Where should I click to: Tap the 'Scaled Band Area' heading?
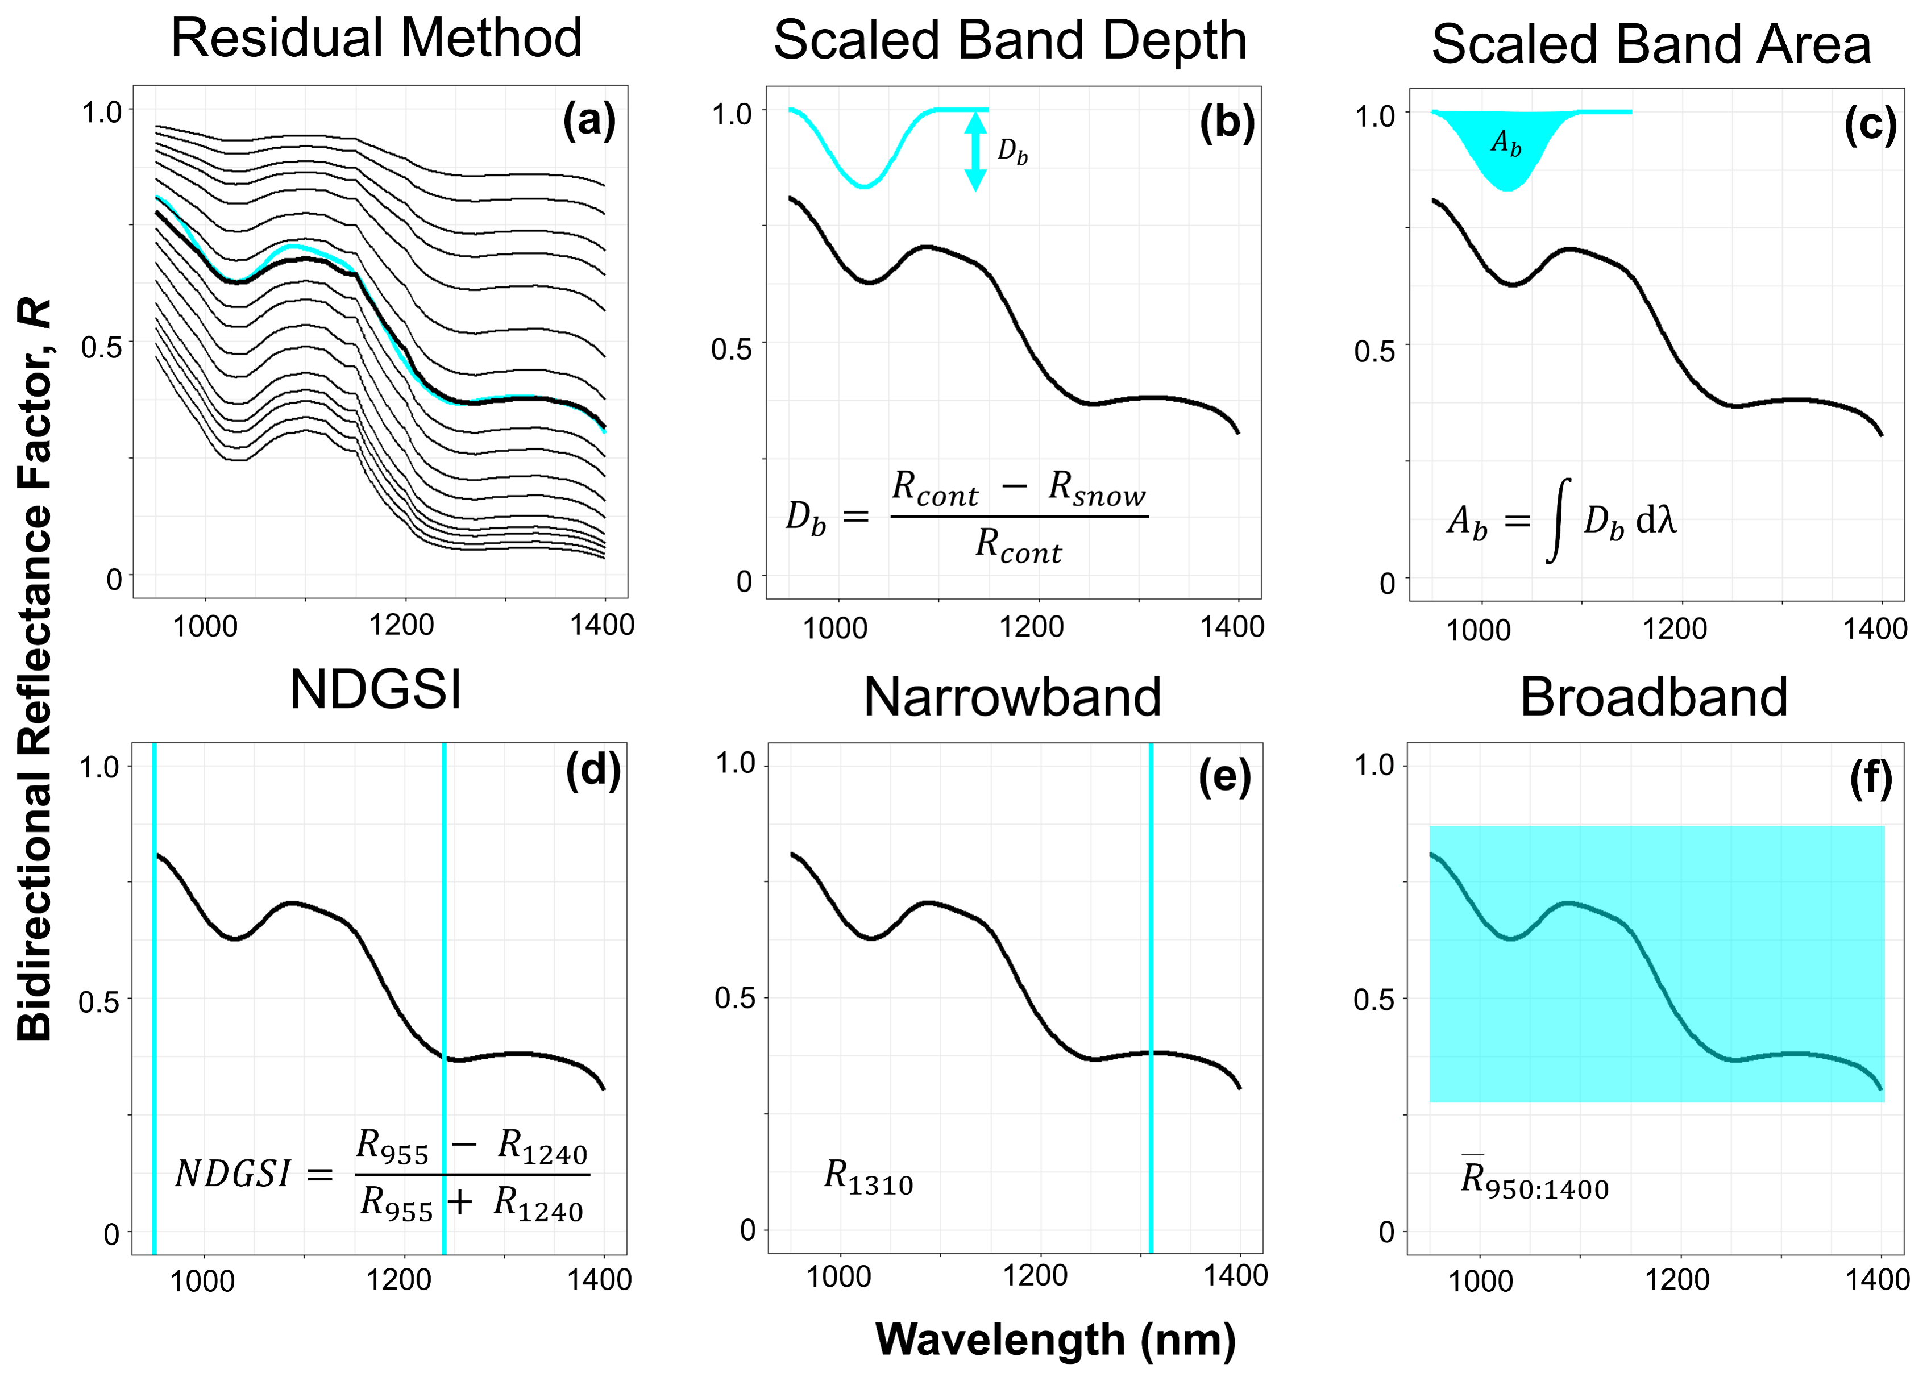1651,44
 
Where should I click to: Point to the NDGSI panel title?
376,690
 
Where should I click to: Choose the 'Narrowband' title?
1012,697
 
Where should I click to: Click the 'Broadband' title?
1654,697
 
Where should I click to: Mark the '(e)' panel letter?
1224,776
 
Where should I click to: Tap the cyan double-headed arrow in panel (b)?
975,151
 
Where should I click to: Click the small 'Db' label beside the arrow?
1012,152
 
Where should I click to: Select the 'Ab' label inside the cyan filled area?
1506,142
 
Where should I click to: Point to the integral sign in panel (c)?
1558,520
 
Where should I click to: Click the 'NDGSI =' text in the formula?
253,1175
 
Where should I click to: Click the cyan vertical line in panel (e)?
1151,997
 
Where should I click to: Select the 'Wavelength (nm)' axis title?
1055,1340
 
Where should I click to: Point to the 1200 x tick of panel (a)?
402,626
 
